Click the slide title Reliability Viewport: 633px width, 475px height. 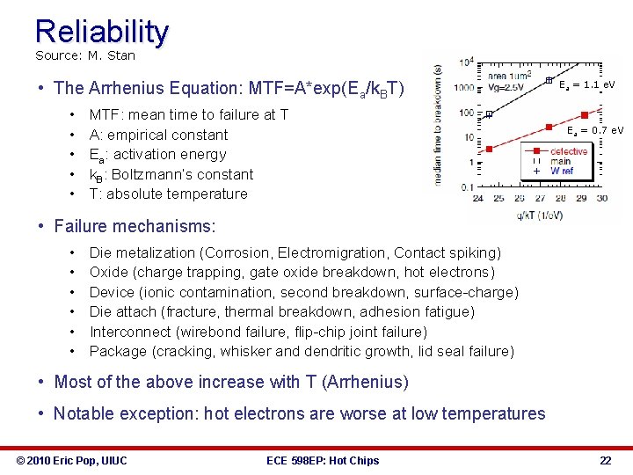(101, 32)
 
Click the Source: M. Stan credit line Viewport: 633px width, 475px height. (85, 55)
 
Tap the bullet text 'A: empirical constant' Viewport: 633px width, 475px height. (158, 135)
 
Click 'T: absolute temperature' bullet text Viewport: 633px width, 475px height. (168, 194)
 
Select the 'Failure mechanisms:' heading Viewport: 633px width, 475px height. (135, 226)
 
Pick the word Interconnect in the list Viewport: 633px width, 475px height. (130, 332)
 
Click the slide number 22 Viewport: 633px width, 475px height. (605, 460)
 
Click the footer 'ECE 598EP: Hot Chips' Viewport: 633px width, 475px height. (322, 460)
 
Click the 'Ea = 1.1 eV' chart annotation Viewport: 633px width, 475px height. (586, 84)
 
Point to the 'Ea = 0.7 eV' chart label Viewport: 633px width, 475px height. (594, 130)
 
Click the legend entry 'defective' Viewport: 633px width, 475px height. (569, 151)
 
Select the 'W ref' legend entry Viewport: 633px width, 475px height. (562, 172)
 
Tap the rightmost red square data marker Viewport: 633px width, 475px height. (583, 116)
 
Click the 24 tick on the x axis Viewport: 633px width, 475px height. (477, 198)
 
